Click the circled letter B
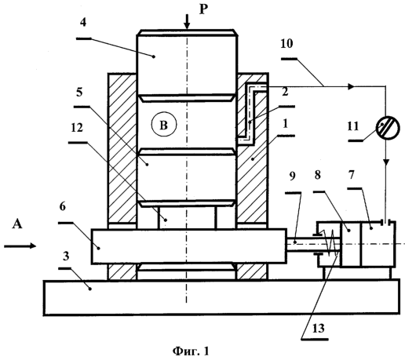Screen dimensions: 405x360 164,125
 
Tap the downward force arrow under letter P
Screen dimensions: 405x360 187,21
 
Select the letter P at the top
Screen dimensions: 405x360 203,9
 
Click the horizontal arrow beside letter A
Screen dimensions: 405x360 20,245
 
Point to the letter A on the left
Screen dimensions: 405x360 17,224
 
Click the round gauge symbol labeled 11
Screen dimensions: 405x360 388,128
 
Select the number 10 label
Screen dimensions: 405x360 286,43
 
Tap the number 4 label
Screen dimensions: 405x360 82,23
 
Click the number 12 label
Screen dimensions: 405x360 77,127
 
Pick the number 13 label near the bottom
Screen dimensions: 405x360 318,328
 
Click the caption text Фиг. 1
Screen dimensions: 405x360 191,351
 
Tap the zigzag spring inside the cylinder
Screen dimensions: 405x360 330,242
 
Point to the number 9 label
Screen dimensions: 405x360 292,176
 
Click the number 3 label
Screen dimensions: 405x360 66,256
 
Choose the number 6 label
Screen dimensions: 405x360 62,206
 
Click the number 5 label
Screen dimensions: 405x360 79,93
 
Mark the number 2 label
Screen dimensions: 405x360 285,92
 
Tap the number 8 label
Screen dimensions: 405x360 318,175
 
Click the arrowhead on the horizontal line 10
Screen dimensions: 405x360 351,86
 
